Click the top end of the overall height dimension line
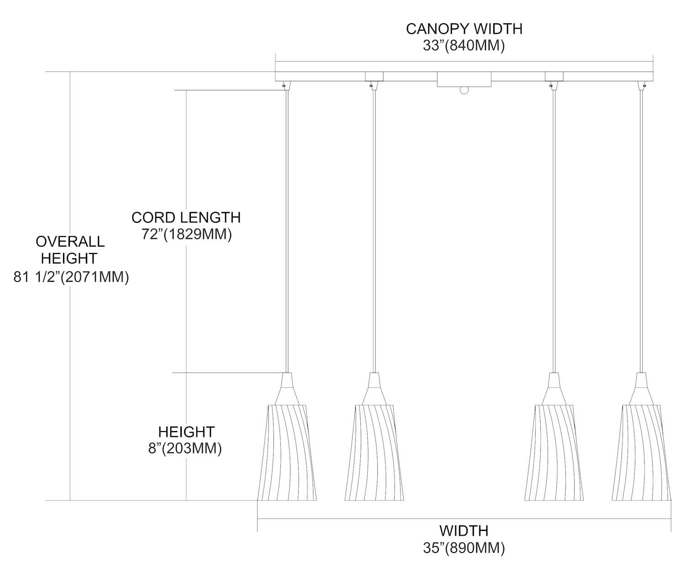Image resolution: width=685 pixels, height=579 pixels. (x=70, y=72)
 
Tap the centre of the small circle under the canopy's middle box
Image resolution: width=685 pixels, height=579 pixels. (x=464, y=90)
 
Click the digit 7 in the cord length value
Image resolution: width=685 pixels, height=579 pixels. (x=146, y=234)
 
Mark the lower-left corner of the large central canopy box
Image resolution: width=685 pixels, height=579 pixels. (x=437, y=87)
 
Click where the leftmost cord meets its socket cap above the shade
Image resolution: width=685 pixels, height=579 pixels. (x=287, y=373)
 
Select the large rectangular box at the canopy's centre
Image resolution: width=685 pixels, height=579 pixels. (x=464, y=79)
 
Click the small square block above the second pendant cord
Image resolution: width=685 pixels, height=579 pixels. (x=374, y=77)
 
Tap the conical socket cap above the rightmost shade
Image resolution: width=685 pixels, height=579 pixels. (x=641, y=389)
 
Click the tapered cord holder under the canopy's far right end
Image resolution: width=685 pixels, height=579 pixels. (x=641, y=85)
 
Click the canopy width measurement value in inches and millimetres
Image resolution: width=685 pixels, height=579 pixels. (x=464, y=46)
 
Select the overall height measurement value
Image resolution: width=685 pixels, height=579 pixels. (x=71, y=277)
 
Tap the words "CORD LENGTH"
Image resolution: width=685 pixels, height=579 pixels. (x=186, y=218)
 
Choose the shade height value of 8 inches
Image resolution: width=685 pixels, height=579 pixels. (x=185, y=449)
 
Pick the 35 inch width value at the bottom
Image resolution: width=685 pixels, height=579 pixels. (x=464, y=548)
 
